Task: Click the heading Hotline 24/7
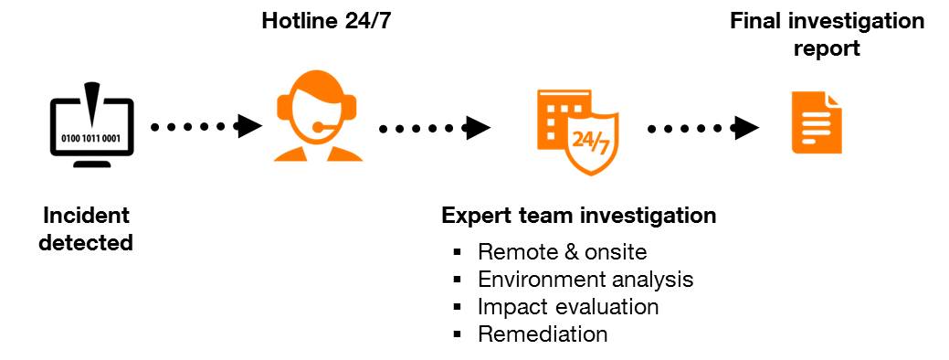[326, 21]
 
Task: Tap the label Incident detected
[87, 229]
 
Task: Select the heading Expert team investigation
[578, 217]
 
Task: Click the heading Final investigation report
[827, 34]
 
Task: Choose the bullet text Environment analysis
[585, 279]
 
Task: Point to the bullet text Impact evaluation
[568, 306]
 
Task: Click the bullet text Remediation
[543, 334]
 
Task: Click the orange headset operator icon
[317, 119]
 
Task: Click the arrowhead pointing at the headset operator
[248, 126]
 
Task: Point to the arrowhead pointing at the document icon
[747, 127]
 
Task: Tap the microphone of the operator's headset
[318, 126]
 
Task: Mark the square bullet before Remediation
[458, 334]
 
